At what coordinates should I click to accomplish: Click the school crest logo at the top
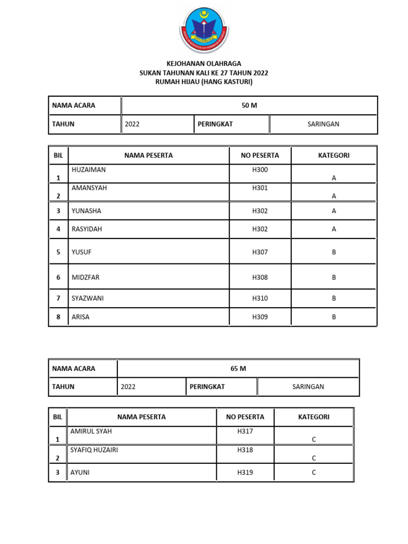point(204,29)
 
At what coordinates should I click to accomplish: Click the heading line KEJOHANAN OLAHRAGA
point(204,64)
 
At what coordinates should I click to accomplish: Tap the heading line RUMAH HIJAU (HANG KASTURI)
point(204,82)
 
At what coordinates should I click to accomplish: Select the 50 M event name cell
point(249,105)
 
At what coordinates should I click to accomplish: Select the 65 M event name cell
point(239,368)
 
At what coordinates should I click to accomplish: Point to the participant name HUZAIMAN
point(89,170)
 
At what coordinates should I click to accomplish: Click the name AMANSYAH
point(89,188)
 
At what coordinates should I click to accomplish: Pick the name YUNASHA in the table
point(86,211)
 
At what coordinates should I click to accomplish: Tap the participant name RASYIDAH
point(87,229)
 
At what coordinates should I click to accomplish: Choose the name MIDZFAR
point(86,277)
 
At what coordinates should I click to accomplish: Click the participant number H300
point(260,170)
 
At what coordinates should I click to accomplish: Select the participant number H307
point(260,252)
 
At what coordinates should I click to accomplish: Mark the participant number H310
point(260,298)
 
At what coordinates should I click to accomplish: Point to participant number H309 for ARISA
point(260,317)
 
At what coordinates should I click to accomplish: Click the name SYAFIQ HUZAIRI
point(94,450)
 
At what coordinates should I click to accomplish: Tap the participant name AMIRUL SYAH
point(91,431)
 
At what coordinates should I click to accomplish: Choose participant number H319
point(245,472)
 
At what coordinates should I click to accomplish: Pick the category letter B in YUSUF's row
point(334,252)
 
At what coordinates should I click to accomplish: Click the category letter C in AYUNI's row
point(314,472)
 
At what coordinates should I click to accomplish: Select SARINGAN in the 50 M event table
point(323,124)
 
